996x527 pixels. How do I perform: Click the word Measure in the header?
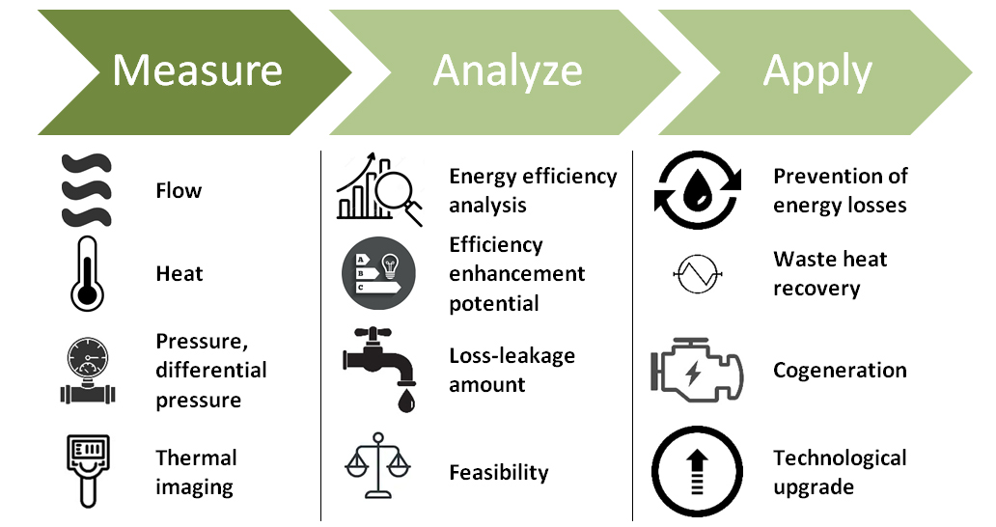(197, 70)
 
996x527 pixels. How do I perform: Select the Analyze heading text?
(508, 70)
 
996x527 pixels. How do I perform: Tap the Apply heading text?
(816, 70)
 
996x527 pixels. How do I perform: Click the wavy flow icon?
(86, 190)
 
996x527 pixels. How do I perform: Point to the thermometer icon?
(87, 274)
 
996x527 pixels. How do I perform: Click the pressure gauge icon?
(87, 371)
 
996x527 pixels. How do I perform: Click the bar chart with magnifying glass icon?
(378, 191)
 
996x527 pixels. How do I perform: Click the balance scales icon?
(378, 468)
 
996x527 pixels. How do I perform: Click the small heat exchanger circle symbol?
(698, 275)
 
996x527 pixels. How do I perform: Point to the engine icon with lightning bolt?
(697, 372)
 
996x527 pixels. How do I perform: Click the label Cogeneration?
(840, 371)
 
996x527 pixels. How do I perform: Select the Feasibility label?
(498, 473)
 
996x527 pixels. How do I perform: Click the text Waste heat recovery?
(830, 273)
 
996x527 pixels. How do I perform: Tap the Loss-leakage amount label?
(512, 370)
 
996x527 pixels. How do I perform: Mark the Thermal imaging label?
(196, 472)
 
